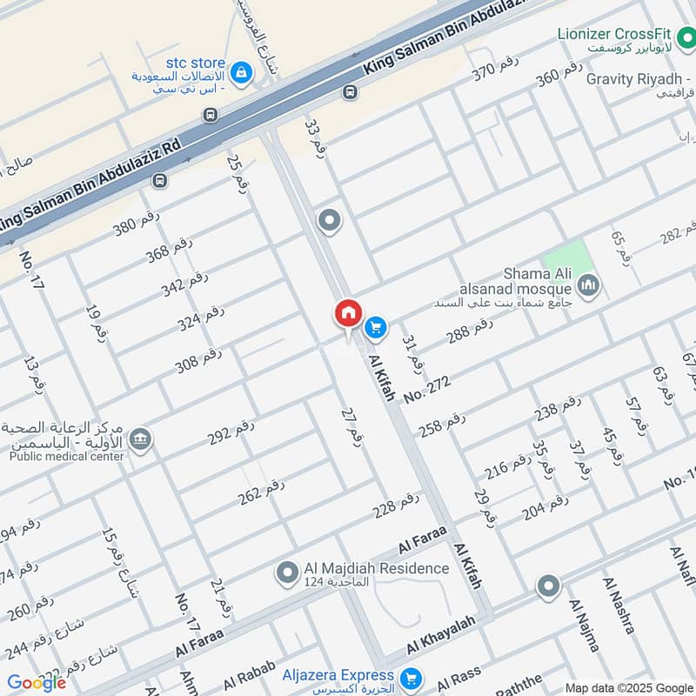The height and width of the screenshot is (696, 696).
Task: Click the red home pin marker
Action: click(x=348, y=313)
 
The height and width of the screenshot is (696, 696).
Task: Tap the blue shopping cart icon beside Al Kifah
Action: click(x=375, y=326)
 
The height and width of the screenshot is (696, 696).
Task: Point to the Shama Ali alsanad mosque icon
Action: click(x=589, y=285)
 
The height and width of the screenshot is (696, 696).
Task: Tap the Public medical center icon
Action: click(x=140, y=439)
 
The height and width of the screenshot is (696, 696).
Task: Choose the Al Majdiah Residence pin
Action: click(x=286, y=572)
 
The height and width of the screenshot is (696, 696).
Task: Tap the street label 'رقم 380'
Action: click(x=137, y=225)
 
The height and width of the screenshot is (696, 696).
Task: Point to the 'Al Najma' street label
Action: click(x=584, y=625)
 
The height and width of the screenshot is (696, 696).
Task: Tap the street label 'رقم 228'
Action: click(x=396, y=505)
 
